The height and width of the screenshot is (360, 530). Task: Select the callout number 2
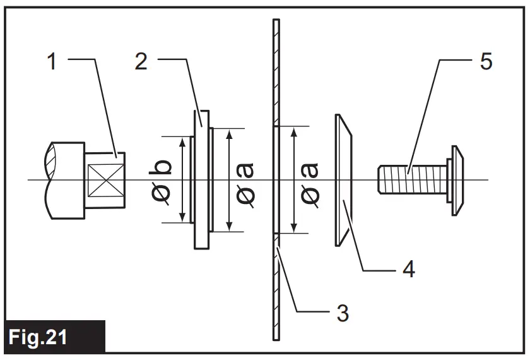[142, 62]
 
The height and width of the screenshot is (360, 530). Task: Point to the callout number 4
[408, 270]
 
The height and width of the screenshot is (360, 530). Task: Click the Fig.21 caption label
[40, 337]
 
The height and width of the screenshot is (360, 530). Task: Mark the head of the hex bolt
[456, 180]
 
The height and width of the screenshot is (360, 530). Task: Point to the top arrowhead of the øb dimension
[182, 141]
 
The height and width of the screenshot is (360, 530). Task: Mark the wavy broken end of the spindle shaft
[50, 181]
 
